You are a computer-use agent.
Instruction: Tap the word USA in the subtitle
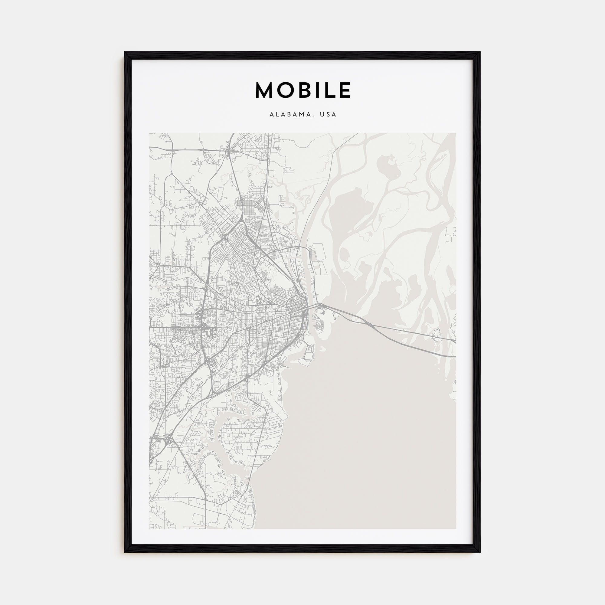pos(328,115)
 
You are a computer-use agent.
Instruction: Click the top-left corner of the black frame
pos(125,52)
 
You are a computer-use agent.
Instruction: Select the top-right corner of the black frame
pos(480,52)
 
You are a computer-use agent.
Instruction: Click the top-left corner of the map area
pos(149,133)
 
